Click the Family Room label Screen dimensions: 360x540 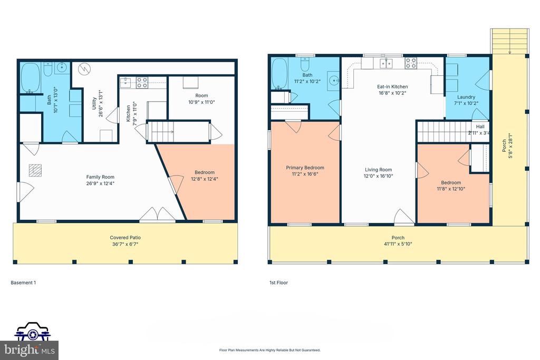100,177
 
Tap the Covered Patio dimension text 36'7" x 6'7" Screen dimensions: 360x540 125,244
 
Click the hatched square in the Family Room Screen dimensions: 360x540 35,170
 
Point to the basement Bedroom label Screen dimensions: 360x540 205,172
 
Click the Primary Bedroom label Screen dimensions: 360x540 305,168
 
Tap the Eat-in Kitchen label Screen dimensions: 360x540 392,86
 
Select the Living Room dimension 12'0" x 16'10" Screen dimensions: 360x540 379,176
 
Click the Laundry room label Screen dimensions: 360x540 466,97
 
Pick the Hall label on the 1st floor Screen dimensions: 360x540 480,127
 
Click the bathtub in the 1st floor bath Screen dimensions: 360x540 279,74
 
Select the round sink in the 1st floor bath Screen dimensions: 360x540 334,81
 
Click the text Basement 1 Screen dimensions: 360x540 23,283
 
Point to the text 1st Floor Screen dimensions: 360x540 278,283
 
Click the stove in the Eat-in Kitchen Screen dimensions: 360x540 411,64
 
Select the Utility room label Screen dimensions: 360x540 94,107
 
